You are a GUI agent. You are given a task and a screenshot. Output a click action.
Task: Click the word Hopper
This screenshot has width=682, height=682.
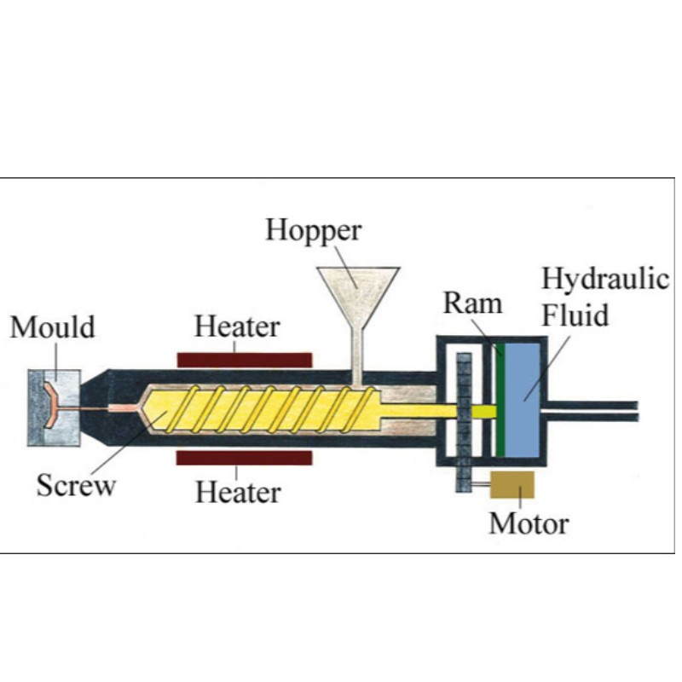(313, 231)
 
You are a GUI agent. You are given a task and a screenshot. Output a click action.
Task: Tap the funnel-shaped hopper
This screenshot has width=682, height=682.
(358, 286)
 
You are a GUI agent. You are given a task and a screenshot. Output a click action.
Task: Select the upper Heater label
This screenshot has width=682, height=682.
(237, 327)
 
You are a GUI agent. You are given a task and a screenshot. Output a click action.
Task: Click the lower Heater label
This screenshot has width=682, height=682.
(238, 492)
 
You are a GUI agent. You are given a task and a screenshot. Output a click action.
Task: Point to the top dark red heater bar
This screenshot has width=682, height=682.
(244, 359)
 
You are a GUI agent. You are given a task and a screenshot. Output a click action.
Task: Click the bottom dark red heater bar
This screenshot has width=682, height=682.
(244, 458)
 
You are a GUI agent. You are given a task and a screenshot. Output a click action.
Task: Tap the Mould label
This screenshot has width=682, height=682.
(52, 327)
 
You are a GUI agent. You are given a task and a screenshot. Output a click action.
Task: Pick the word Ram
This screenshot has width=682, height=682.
(472, 303)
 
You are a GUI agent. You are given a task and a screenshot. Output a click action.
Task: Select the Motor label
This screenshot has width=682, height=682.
(528, 523)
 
